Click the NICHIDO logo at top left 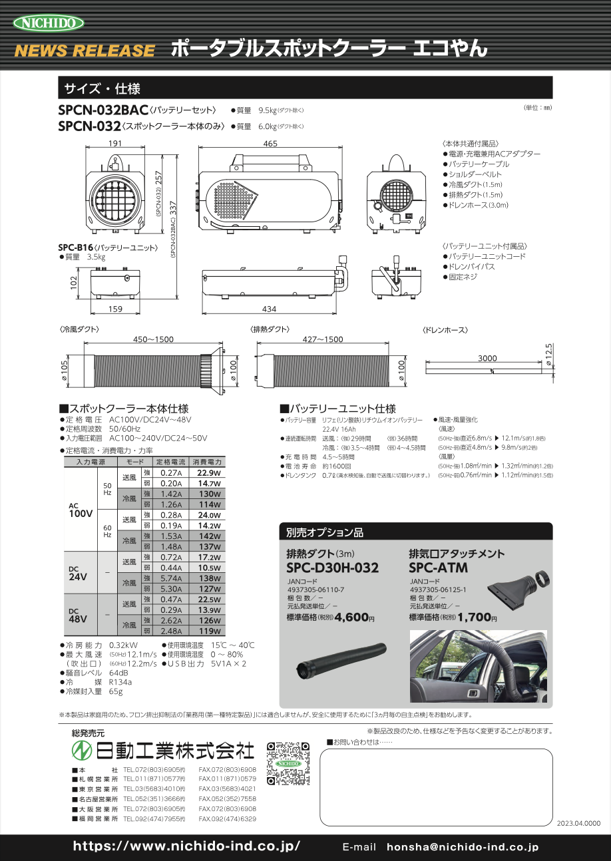coord(49,23)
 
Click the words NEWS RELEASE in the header coord(85,51)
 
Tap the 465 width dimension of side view coord(270,144)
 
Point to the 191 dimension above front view coord(114,144)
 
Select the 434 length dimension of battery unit coord(269,309)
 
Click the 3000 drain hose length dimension coord(487,358)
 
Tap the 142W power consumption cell coord(209,536)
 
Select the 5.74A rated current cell coord(172,580)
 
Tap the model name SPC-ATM coord(438,568)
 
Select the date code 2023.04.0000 coord(578,823)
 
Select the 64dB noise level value coord(118,673)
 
